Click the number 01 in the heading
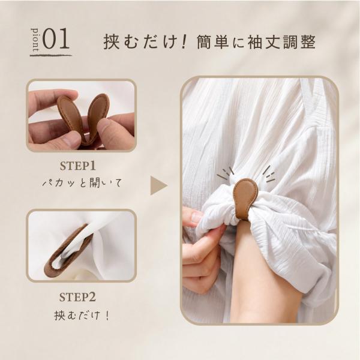click(56, 39)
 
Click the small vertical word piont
click(35, 40)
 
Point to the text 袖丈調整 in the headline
click(281, 42)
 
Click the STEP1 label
click(77, 166)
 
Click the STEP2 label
click(77, 298)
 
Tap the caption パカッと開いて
click(82, 183)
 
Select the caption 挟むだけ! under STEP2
click(82, 315)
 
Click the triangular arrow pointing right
click(158, 185)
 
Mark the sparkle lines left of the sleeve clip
click(226, 173)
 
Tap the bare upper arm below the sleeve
click(253, 271)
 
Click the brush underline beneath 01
click(51, 55)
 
